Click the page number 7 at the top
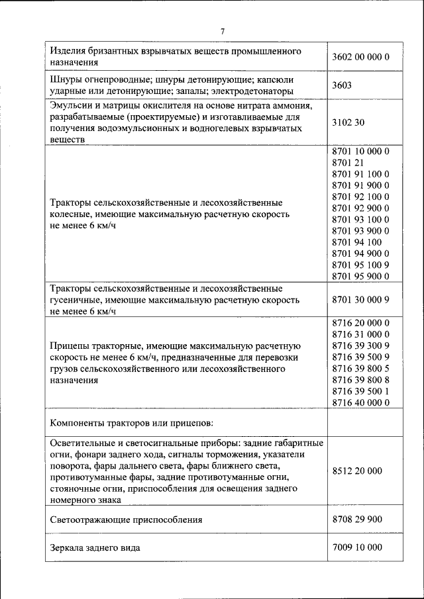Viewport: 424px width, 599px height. pos(223,31)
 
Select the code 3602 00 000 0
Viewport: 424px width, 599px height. pos(360,57)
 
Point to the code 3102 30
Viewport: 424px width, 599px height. pos(348,122)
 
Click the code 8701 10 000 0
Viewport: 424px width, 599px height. pos(360,151)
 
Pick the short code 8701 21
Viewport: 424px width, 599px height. pos(348,162)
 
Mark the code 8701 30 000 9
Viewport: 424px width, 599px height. pos(360,299)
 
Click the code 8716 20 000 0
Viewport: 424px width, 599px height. pos(360,322)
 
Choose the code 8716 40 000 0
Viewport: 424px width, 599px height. pos(360,402)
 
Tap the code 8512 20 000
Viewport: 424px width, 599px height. pos(357,471)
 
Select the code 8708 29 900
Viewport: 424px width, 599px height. pos(357,520)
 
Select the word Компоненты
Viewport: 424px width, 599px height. pos(78,422)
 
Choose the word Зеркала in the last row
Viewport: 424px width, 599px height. pos(69,548)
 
